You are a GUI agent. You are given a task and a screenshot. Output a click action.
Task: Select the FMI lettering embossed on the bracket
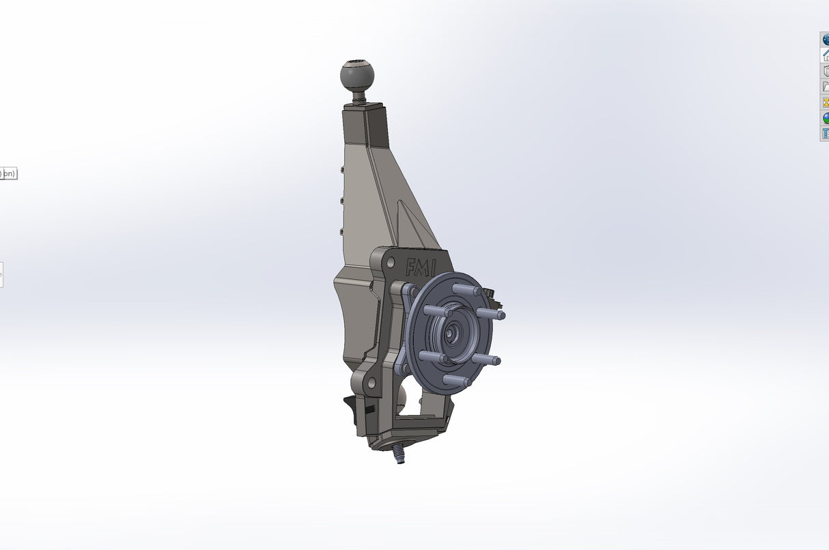click(420, 267)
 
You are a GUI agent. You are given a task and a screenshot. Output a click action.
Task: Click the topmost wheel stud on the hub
click(466, 289)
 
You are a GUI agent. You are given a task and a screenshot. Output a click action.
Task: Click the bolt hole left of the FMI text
click(384, 261)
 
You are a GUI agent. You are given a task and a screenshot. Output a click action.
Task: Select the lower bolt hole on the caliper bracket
click(371, 385)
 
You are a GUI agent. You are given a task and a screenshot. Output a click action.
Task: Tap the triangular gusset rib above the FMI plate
click(413, 225)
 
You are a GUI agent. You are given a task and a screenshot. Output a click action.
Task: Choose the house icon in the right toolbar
click(825, 55)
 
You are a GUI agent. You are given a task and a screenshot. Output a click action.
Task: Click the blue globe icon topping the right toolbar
click(825, 40)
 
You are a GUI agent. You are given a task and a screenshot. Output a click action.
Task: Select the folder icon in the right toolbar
click(825, 87)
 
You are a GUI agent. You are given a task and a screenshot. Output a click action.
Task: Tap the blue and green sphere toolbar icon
click(825, 118)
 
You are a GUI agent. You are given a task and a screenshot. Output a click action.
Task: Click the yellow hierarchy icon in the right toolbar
click(825, 102)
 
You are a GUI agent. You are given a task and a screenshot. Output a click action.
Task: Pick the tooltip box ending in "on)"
click(8, 173)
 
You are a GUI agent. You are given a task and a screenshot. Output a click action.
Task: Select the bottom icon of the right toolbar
click(825, 134)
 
